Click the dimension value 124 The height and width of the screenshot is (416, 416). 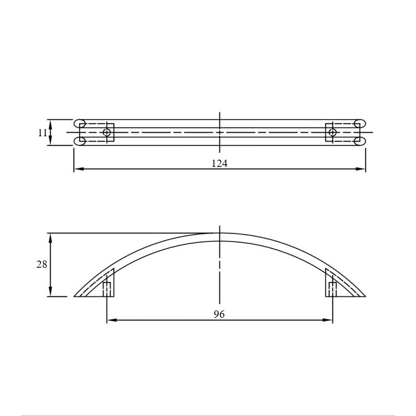tap(219, 163)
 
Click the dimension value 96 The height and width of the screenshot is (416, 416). tap(219, 314)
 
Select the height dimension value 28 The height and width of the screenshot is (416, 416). tap(42, 265)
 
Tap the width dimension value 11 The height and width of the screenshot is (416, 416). tap(43, 133)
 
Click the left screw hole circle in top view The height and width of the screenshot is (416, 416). tap(107, 132)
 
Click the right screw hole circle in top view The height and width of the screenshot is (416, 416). tap(332, 132)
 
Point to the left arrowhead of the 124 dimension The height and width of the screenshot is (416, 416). tap(79, 168)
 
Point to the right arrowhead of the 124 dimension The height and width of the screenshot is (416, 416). tap(360, 168)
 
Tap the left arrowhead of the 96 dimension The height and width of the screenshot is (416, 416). tap(112, 320)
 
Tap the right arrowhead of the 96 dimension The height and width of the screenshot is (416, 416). tap(328, 320)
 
